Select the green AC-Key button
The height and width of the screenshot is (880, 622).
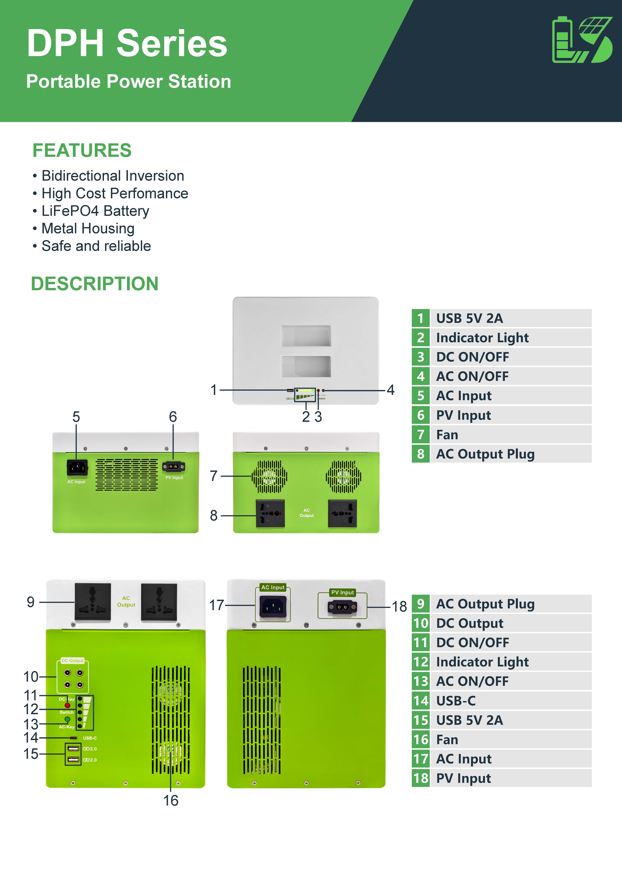click(67, 719)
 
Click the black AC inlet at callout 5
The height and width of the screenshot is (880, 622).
click(77, 468)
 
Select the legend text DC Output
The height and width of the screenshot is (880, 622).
click(469, 623)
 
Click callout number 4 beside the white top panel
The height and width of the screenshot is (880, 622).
click(390, 390)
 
